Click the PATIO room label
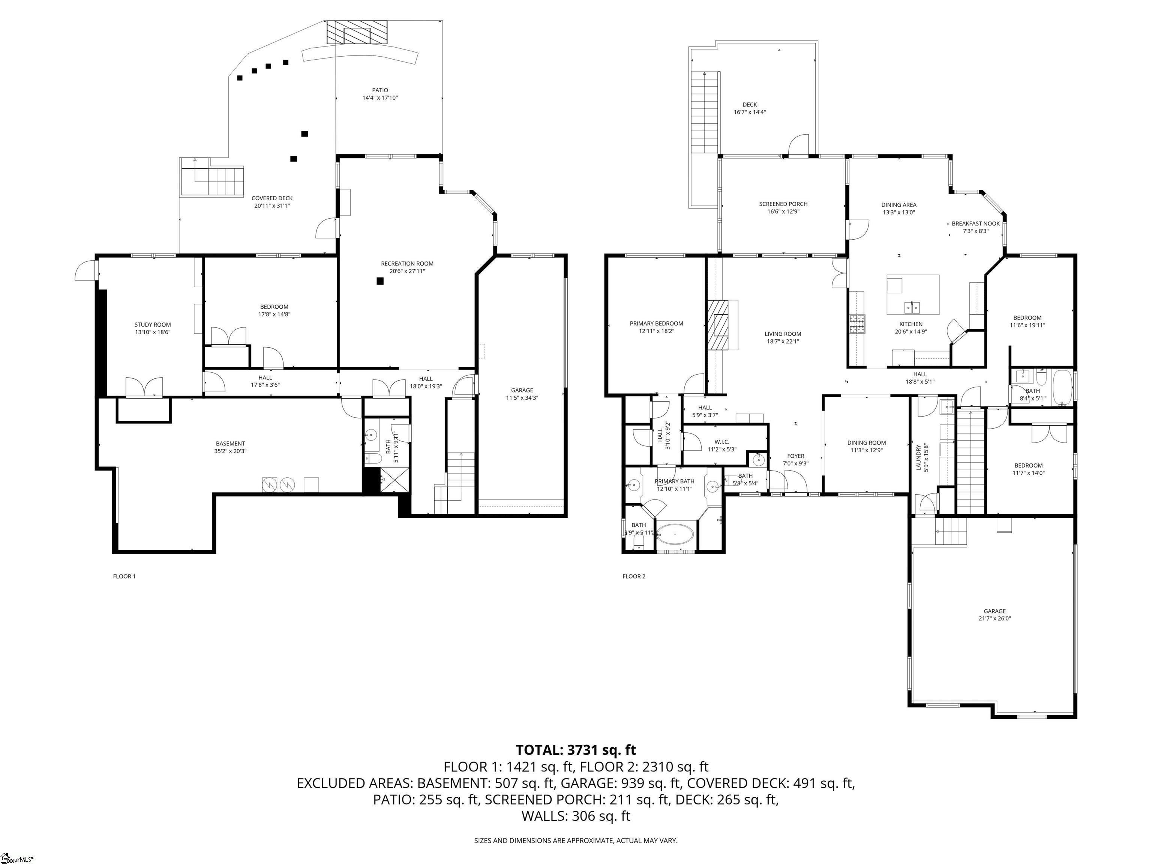tap(379, 90)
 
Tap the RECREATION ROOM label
tap(407, 264)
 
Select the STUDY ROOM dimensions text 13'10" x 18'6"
tap(153, 332)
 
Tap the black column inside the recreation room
tap(380, 281)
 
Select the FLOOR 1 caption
tap(124, 576)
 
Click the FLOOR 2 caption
tap(633, 576)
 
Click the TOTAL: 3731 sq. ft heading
tap(576, 750)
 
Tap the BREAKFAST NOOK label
tap(975, 224)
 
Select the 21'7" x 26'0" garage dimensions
tap(994, 619)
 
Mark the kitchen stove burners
tap(856, 324)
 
